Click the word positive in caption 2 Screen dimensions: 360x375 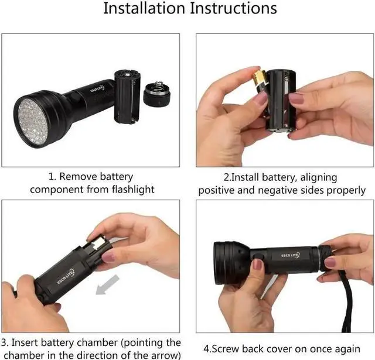point(220,190)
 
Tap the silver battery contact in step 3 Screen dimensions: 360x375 point(98,241)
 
